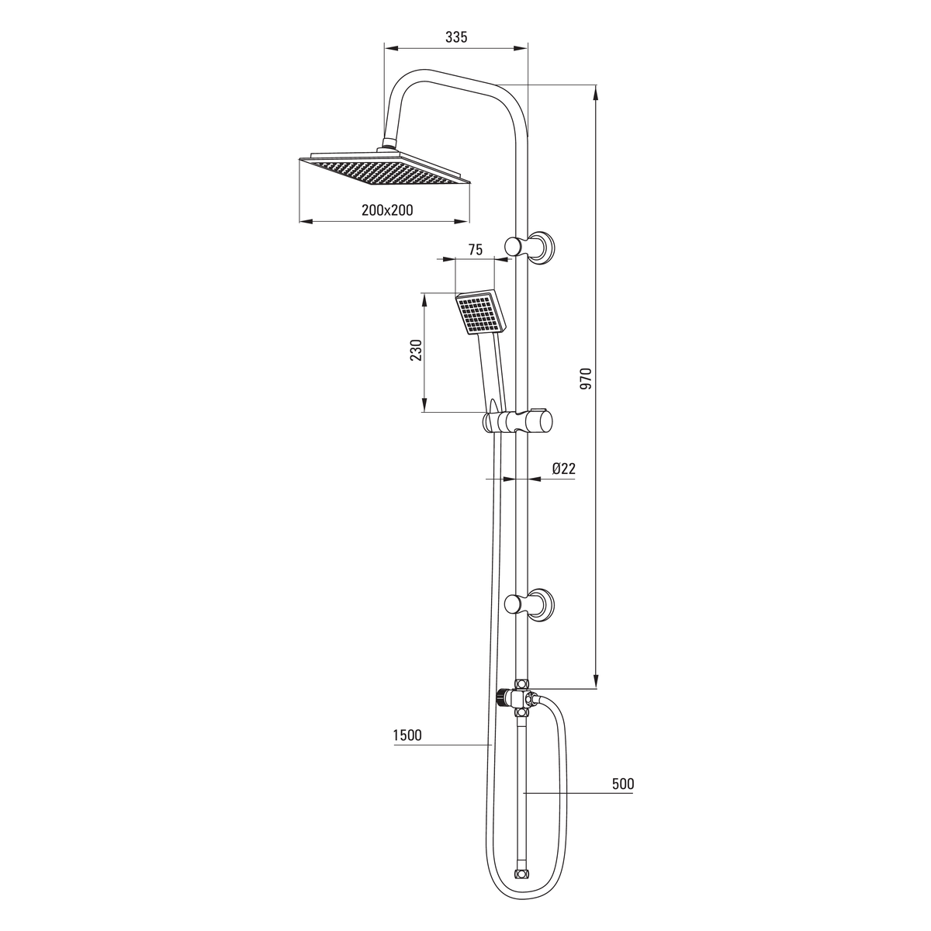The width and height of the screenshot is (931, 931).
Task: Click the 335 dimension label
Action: (456, 36)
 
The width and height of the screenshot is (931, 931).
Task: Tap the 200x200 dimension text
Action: (387, 209)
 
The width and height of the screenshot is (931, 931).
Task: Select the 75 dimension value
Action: (475, 249)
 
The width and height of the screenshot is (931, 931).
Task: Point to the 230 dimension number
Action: (416, 350)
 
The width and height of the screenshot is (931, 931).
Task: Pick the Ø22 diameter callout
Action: (563, 468)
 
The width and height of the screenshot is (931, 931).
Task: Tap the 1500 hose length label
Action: (407, 735)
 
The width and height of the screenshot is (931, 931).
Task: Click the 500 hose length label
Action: (623, 784)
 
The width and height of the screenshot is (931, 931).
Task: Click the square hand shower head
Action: (481, 313)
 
